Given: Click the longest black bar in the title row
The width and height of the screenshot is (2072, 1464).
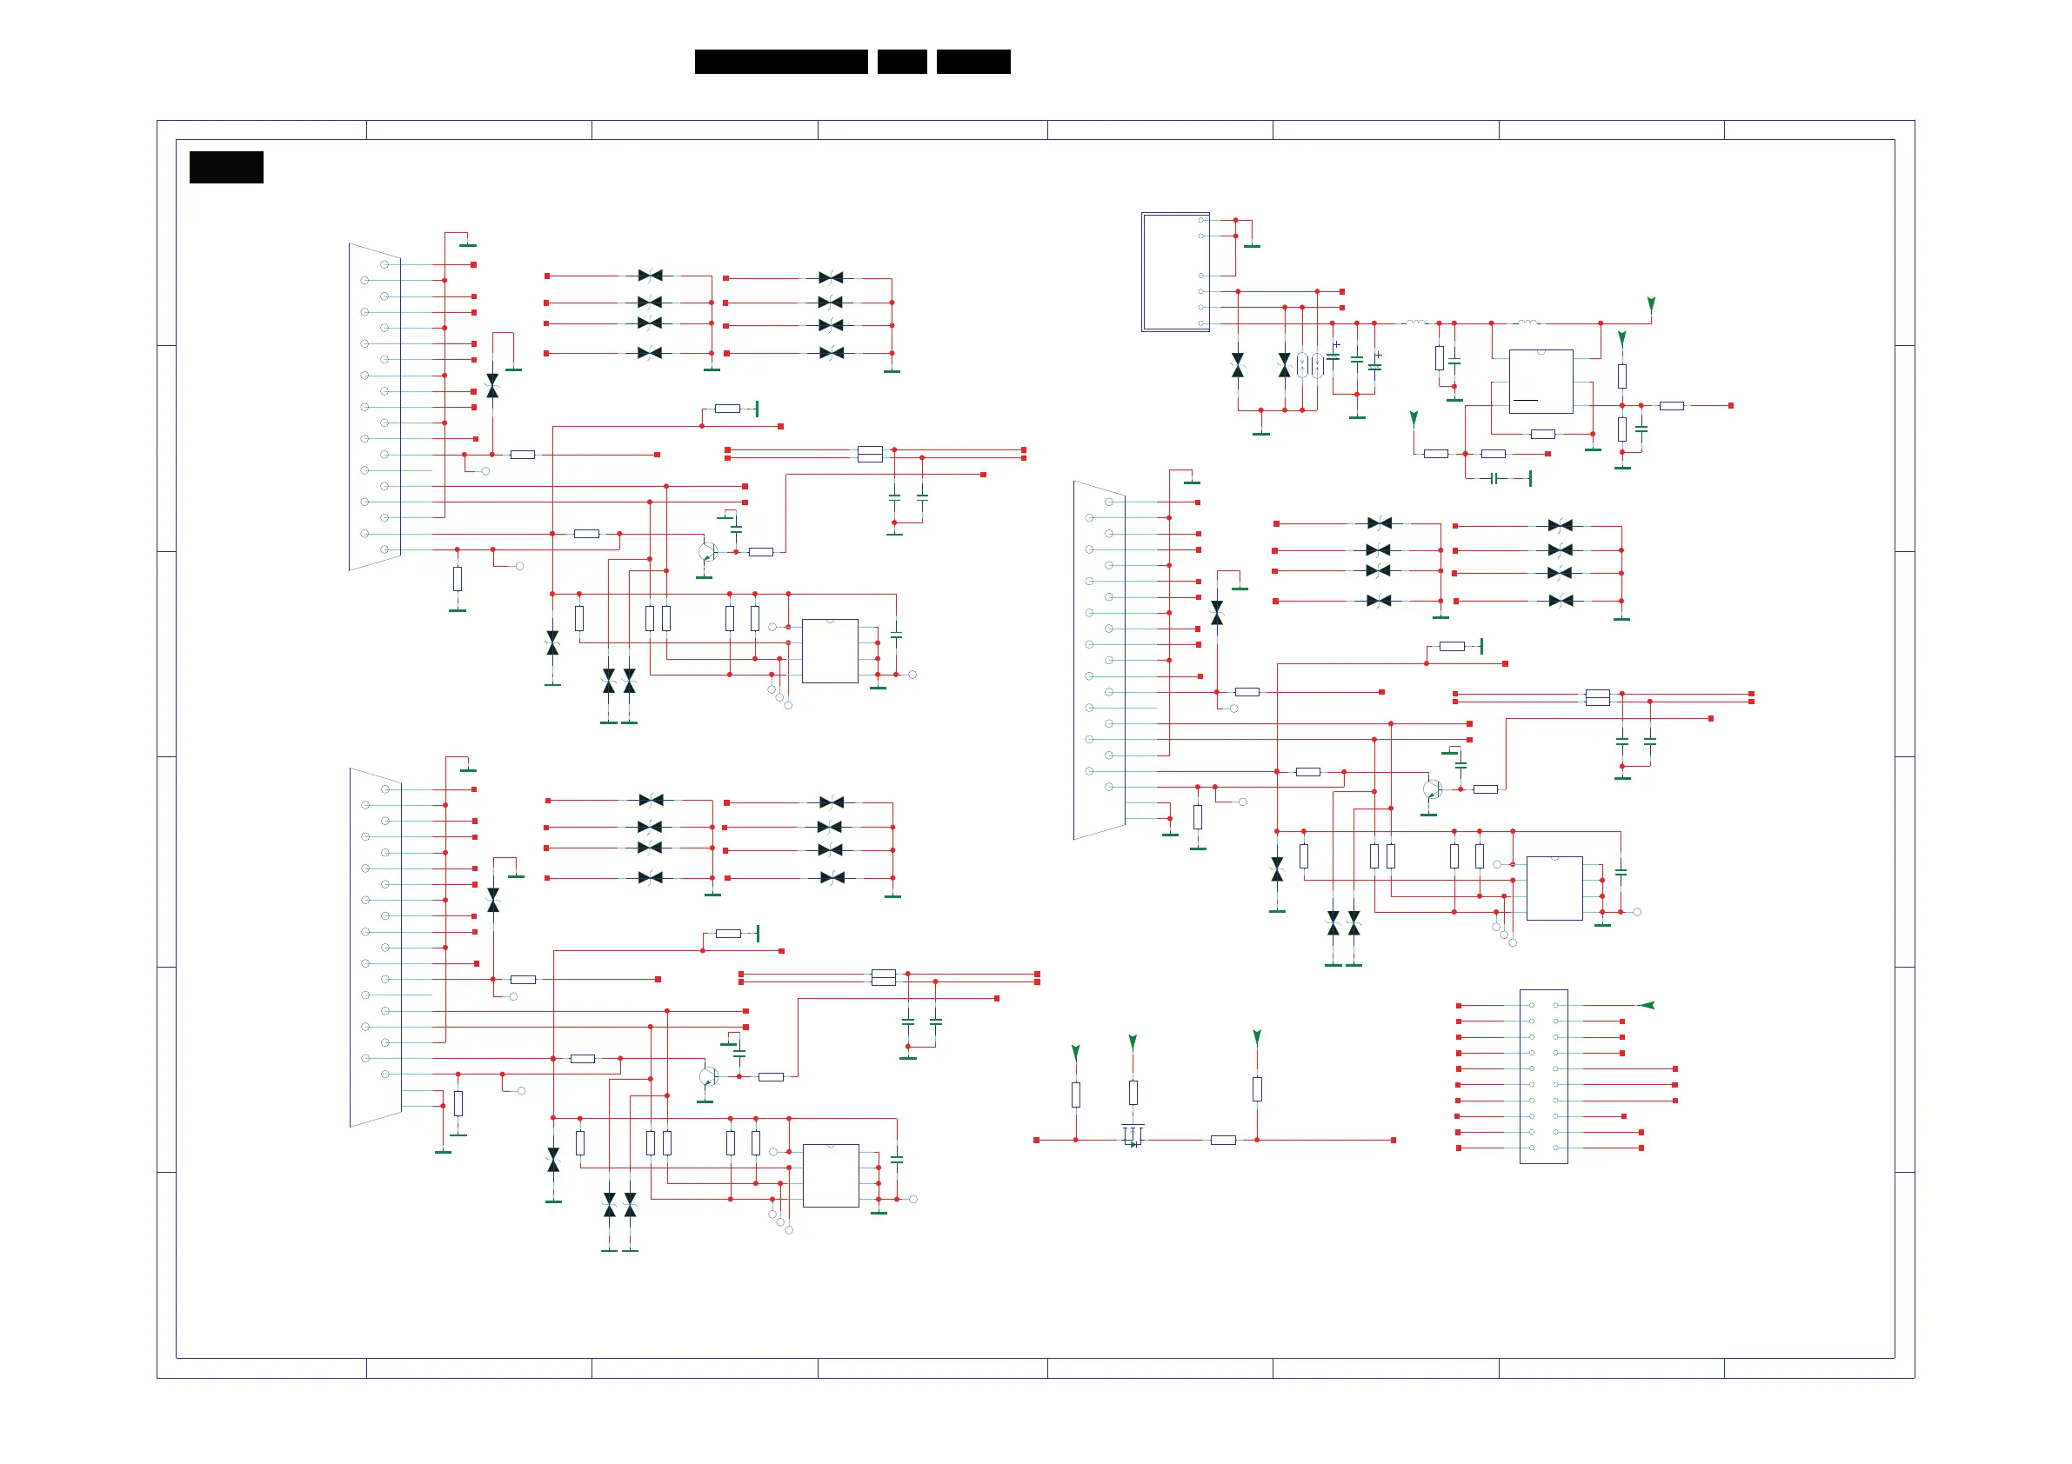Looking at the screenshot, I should point(780,62).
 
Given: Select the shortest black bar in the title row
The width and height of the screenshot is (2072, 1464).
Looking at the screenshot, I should point(901,62).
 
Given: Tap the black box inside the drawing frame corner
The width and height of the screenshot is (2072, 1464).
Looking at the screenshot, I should point(225,167).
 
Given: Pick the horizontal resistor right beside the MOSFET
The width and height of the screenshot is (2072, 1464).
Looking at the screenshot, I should point(1223,1141).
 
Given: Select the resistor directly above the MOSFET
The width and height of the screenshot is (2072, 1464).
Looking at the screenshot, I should point(1133,1093).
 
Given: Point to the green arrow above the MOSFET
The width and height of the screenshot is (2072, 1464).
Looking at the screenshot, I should point(1133,1041).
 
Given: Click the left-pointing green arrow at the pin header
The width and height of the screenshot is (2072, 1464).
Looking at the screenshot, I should point(1647,1005).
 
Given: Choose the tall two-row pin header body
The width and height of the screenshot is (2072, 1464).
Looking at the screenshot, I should point(1543,1076).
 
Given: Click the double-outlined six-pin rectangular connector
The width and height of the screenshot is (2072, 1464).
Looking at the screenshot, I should point(1175,271).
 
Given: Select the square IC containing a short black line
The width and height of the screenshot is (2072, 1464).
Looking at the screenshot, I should point(1541,382).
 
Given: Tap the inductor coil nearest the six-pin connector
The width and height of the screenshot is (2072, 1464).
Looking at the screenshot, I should point(1415,322).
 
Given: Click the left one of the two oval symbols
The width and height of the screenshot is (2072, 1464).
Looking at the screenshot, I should point(1302,364).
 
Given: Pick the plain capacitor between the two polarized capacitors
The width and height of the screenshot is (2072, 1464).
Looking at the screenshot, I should point(1356,359).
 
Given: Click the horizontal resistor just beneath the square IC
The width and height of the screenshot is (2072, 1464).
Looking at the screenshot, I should point(1542,434).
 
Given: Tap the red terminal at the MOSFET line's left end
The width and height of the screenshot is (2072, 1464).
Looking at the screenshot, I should point(1036,1141).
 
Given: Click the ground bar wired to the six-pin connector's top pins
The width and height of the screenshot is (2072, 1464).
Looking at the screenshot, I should point(1252,245).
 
